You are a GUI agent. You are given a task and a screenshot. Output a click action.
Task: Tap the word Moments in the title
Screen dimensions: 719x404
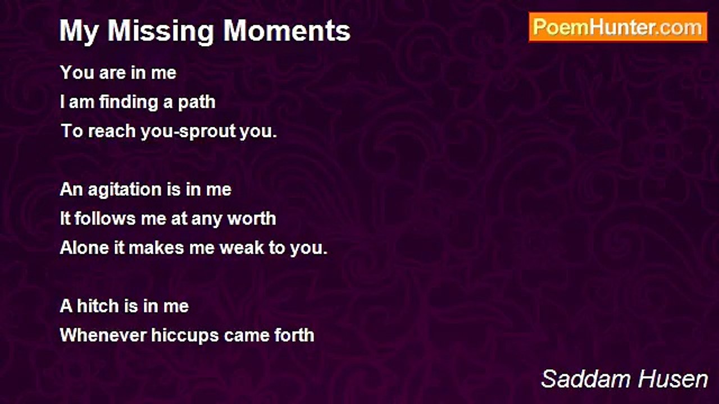286,30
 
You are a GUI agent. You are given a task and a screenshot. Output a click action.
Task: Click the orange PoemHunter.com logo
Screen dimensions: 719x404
618,27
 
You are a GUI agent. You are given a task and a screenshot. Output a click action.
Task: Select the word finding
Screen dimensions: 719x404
128,103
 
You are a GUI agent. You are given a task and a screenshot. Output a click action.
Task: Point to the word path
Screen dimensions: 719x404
197,103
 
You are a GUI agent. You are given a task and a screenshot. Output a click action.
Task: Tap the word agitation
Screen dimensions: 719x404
124,190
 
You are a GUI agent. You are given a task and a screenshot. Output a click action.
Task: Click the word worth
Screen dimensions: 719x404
252,219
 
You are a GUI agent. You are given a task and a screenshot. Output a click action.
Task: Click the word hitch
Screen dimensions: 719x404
98,306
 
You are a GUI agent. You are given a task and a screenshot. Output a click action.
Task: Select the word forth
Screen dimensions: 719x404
294,336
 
